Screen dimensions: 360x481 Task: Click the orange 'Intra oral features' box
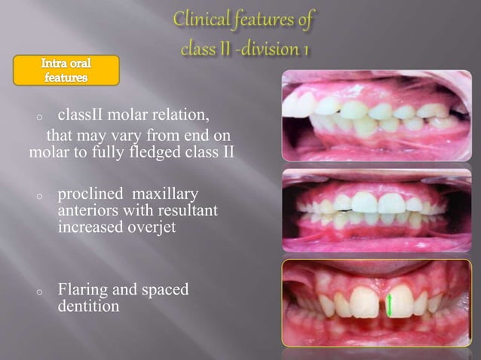66,70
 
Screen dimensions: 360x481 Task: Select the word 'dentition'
88,307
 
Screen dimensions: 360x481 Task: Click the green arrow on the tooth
390,304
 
